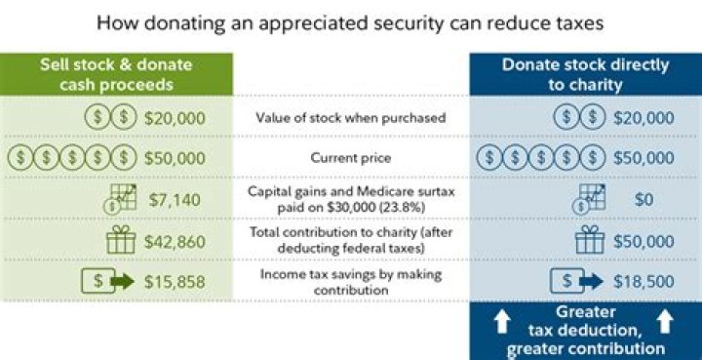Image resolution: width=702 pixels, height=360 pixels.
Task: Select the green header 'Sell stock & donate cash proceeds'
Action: [116, 74]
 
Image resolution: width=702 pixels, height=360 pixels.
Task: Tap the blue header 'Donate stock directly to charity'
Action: [585, 74]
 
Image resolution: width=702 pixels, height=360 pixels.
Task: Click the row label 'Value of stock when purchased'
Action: [350, 117]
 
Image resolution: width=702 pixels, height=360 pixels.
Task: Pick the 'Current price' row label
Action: [350, 158]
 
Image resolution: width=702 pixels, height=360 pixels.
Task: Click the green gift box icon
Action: [121, 241]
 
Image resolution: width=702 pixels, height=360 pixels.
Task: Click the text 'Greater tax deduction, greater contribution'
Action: [585, 330]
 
